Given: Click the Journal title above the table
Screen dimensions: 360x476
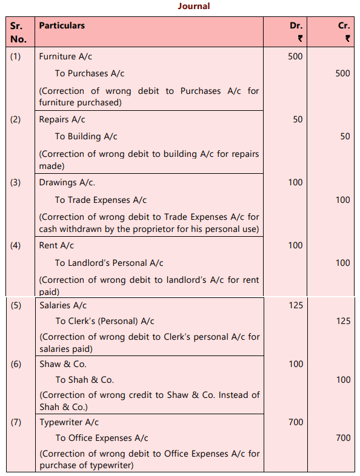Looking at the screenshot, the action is click(x=194, y=6).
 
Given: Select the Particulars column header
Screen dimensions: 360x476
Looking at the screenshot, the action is click(x=62, y=25).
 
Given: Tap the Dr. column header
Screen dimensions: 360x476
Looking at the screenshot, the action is click(x=296, y=26).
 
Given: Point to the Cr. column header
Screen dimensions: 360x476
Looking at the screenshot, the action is click(x=344, y=26).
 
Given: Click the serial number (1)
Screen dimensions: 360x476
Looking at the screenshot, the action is click(x=15, y=56).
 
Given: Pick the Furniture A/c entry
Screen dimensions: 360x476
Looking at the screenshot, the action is click(x=66, y=56).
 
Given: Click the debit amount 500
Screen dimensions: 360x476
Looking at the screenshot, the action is click(x=295, y=56).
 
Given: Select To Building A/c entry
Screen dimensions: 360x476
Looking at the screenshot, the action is click(x=86, y=136).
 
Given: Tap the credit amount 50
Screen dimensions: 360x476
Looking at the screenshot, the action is click(x=345, y=136).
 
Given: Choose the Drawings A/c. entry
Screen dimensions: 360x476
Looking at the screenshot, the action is click(x=67, y=182).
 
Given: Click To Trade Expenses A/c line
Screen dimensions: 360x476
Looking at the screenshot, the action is click(x=101, y=199).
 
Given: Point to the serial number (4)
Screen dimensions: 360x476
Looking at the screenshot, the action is click(x=15, y=245).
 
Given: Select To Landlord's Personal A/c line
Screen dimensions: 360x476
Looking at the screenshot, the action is click(x=109, y=262).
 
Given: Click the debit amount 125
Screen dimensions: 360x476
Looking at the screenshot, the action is click(x=295, y=305).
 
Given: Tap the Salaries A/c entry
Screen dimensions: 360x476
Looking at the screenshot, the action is click(x=63, y=305).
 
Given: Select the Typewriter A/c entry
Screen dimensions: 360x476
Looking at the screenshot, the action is click(x=69, y=422).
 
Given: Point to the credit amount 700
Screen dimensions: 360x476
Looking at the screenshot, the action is click(x=343, y=438).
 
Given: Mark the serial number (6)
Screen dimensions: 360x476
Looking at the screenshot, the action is click(x=15, y=364).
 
